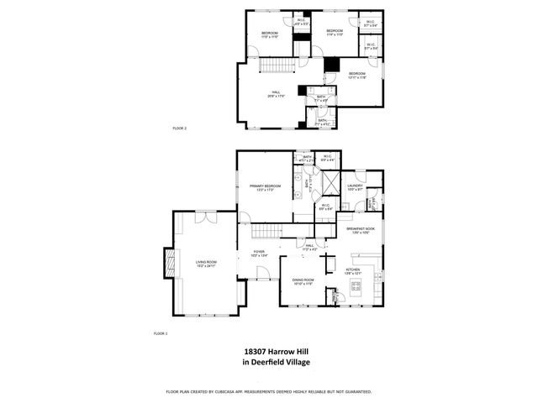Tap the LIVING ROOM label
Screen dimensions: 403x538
pos(207,263)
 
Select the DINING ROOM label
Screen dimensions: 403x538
pos(303,281)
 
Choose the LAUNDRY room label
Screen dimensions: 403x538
pos(354,187)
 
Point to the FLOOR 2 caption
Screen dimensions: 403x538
pos(179,128)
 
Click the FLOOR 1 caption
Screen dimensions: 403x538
pos(160,333)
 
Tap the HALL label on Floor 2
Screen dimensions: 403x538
pos(276,93)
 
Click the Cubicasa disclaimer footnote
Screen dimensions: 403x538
pos(268,391)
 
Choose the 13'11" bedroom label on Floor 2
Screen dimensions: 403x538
pos(357,76)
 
